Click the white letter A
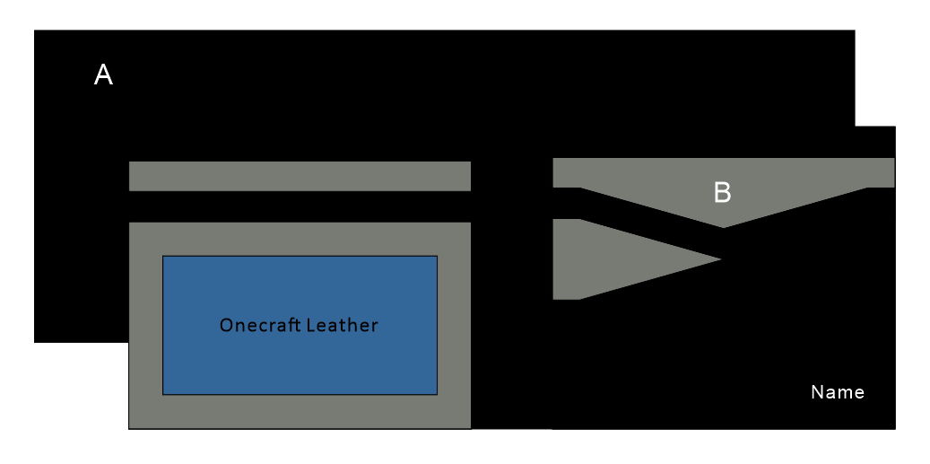click(x=103, y=75)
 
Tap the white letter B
click(x=722, y=192)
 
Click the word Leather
click(x=343, y=325)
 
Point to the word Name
click(x=838, y=392)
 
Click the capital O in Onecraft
click(x=226, y=325)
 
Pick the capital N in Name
click(x=816, y=392)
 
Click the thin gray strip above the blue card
click(x=300, y=176)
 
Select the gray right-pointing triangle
click(x=610, y=259)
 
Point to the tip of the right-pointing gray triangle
click(x=719, y=259)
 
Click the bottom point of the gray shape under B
click(x=724, y=226)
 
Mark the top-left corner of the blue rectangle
click(x=163, y=257)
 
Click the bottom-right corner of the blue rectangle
click(x=436, y=393)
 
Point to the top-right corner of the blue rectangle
click(x=436, y=257)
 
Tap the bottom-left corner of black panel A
click(x=36, y=341)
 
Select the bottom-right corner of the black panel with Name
click(x=894, y=428)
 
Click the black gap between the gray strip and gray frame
click(x=300, y=206)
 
